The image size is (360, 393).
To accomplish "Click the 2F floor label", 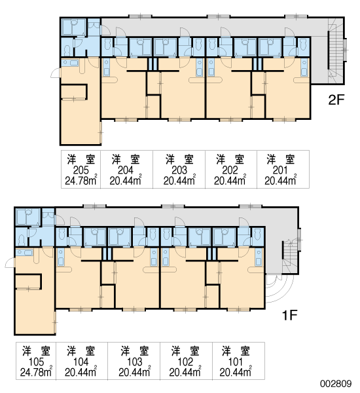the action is point(336,100).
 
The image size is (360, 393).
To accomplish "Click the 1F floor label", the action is point(289,315).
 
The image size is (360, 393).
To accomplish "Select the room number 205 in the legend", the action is point(81,170).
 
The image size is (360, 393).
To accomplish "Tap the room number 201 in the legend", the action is point(280,170).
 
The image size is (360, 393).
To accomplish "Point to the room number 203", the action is point(179,170).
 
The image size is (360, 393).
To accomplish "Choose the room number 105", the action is point(36,362).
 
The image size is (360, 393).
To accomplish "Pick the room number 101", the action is point(236,362).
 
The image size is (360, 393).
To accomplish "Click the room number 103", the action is point(135,362).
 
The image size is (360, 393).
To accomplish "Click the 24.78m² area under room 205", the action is point(81,180).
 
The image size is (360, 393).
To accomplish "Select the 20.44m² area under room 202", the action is point(230,180).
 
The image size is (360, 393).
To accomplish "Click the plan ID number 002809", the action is point(336,383).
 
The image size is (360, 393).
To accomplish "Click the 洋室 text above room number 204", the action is point(126,159).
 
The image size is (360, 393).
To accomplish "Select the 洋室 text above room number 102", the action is point(185,351).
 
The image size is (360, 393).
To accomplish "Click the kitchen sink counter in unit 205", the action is point(70,63).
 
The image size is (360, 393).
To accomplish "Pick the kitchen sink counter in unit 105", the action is point(24,253).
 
